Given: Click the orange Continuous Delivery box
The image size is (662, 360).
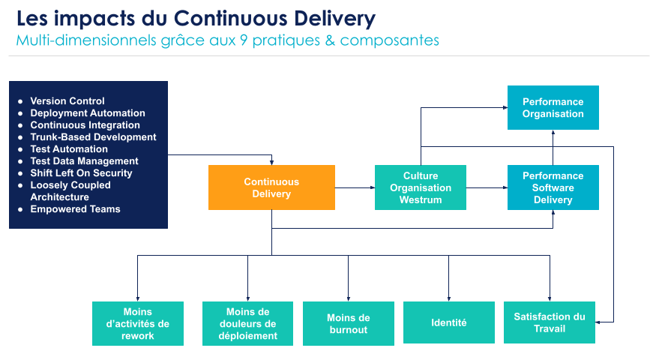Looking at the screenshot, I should click(x=271, y=187).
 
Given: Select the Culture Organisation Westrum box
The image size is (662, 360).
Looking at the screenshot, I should click(x=420, y=187).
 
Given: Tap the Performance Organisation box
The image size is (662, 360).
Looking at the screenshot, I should click(x=553, y=108).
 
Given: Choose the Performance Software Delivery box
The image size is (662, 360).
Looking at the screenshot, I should click(x=553, y=187).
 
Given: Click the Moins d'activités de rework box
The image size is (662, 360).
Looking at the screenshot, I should click(x=138, y=323).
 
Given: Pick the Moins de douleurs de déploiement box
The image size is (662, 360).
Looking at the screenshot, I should click(x=247, y=323).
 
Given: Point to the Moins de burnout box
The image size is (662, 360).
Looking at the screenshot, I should click(x=349, y=323).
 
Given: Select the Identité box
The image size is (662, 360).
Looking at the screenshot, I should click(x=449, y=323).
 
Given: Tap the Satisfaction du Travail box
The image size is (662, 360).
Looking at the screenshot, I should click(x=550, y=322).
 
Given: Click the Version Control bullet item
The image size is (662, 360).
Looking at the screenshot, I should click(x=67, y=101).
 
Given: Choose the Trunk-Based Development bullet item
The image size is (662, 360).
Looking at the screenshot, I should click(x=93, y=137).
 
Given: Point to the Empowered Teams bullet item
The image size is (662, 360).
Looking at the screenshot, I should click(x=75, y=209).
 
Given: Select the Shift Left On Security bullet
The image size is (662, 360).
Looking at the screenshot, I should click(x=81, y=173).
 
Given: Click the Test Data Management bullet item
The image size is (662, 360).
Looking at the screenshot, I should click(x=84, y=161).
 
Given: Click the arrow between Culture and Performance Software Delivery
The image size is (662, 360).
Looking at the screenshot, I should click(x=487, y=187).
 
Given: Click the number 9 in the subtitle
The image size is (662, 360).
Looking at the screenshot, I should click(x=244, y=40).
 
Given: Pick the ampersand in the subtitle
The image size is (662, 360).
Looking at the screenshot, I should click(x=329, y=40).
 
